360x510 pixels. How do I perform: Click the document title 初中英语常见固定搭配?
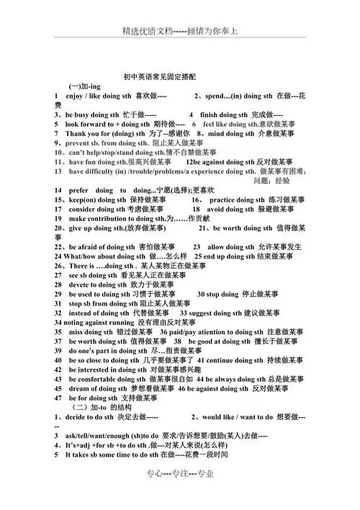point(165,75)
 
